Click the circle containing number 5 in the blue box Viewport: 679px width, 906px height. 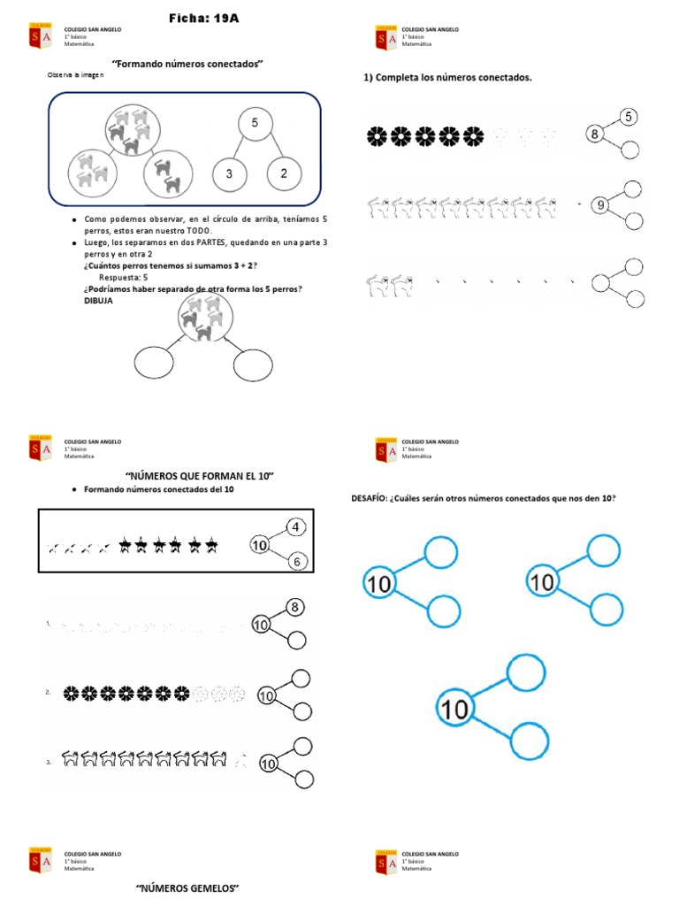click(255, 124)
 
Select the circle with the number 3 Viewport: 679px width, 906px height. click(229, 173)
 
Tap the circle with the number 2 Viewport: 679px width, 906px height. click(284, 173)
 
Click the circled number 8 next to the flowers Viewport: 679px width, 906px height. click(596, 134)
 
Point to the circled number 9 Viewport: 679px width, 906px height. click(600, 206)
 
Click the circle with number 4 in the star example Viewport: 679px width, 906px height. click(297, 527)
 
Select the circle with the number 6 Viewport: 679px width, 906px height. click(297, 561)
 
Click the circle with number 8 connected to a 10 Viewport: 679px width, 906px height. click(296, 607)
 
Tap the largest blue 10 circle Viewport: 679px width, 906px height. click(455, 708)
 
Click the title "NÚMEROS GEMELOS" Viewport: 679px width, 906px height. click(188, 887)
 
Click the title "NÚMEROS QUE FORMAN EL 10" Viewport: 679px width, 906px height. click(199, 477)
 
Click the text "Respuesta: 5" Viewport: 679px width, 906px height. click(124, 277)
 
